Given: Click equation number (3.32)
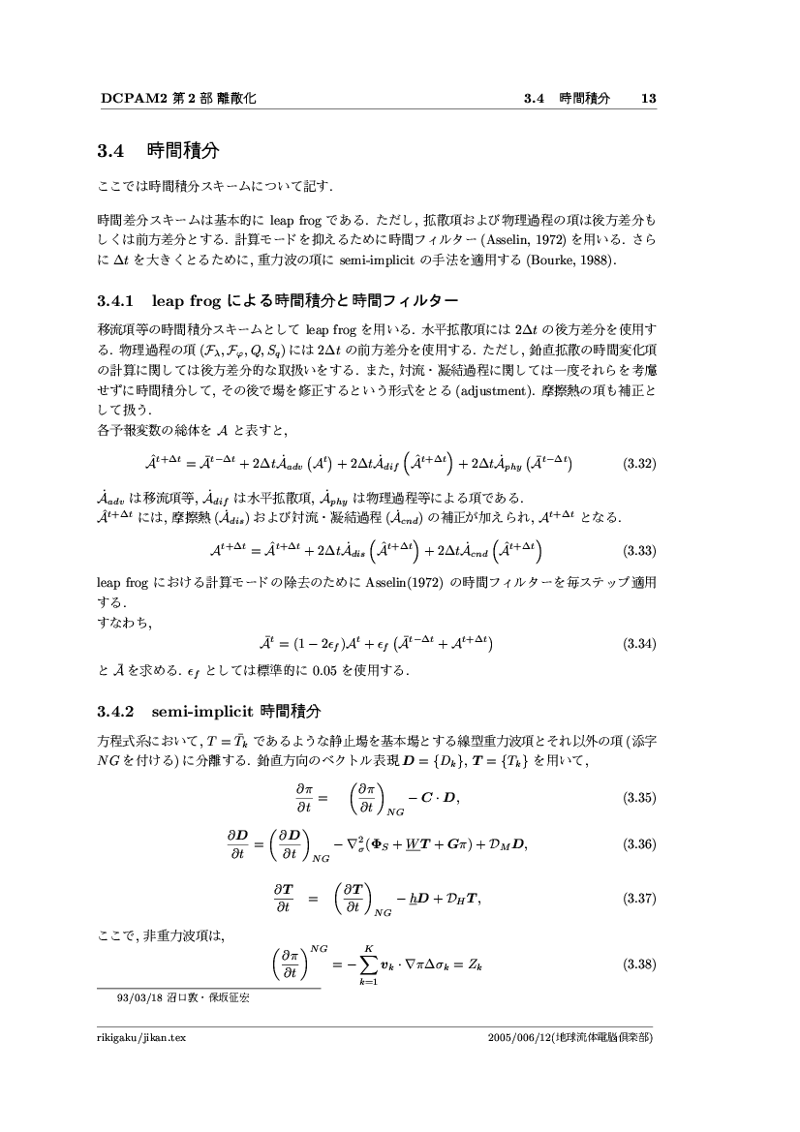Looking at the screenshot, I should pyautogui.click(x=639, y=464).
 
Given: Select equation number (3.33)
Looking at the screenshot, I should pyautogui.click(x=639, y=551).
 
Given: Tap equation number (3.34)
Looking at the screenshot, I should pyautogui.click(x=639, y=643).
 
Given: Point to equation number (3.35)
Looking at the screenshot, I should pyautogui.click(x=639, y=799).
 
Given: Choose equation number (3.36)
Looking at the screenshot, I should pyautogui.click(x=639, y=844).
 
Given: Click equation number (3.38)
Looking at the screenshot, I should pyautogui.click(x=639, y=964).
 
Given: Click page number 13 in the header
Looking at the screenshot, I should pyautogui.click(x=649, y=98).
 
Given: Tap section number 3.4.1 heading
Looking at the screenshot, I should pyautogui.click(x=121, y=298).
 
